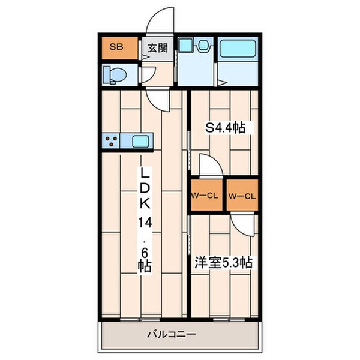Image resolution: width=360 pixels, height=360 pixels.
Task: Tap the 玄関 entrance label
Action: coord(157,47)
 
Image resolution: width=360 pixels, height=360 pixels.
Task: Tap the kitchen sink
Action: coord(142,142)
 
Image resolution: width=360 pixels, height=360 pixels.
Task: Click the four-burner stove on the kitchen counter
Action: coord(112,142)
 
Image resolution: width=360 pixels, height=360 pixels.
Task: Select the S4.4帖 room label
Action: coord(226,128)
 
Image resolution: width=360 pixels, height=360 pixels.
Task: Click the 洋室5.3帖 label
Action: coord(223,262)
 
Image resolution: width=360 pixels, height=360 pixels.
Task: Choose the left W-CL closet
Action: coord(206,196)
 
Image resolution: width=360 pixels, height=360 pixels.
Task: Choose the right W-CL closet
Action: coord(242,196)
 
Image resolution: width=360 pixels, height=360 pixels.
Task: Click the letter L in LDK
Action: coord(145,173)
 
